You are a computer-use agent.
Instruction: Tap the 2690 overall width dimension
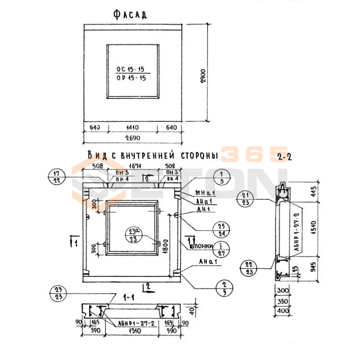coord(133,137)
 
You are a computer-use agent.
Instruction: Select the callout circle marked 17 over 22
coord(56,176)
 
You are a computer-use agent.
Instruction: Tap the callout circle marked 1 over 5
coord(222,176)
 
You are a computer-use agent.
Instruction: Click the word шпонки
coord(202,246)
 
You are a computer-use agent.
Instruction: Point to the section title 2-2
coord(284,157)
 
